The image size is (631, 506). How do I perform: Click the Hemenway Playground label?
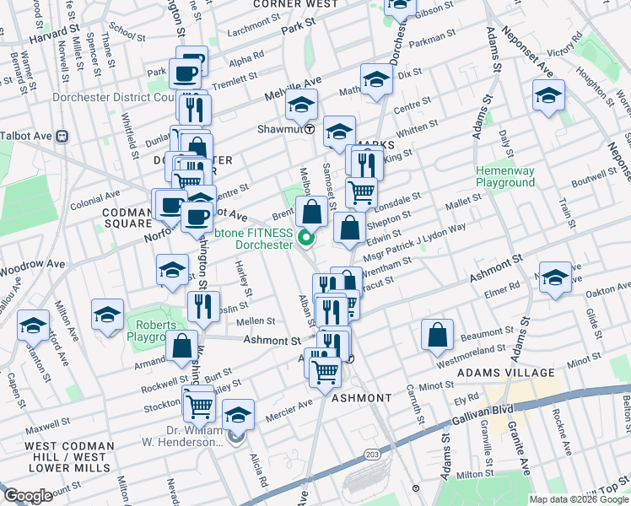pos(504,176)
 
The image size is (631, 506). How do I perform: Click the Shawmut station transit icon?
pos(310,130)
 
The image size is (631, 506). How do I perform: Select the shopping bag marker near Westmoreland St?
pos(438,335)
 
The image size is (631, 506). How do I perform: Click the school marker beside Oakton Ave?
pos(554,277)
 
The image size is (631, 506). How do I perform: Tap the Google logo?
pos(29,496)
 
